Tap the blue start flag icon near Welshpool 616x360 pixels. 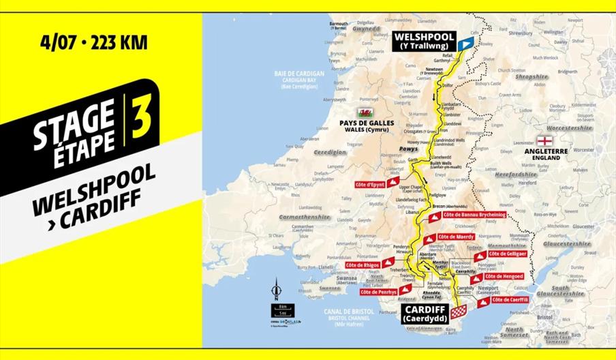tap(464, 43)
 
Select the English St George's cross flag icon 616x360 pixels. tap(549, 140)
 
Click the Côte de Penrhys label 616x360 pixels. tap(378, 292)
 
